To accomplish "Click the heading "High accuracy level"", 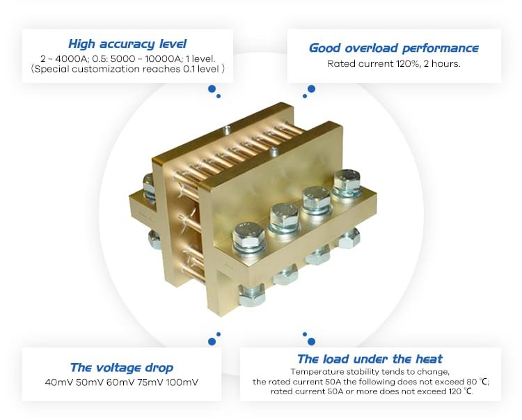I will pyautogui.click(x=127, y=44).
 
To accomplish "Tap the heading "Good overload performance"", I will pyautogui.click(x=393, y=48).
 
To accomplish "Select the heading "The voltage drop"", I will pyautogui.click(x=122, y=368).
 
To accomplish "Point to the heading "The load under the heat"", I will pyautogui.click(x=370, y=359).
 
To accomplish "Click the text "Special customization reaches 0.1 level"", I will pyautogui.click(x=128, y=70).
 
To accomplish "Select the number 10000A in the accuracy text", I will pyautogui.click(x=166, y=59).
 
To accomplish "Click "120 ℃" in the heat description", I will pyautogui.click(x=458, y=391).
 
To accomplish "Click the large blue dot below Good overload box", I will pyautogui.click(x=311, y=88).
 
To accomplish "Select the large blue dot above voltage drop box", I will pyautogui.click(x=212, y=341).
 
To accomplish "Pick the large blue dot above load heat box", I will pyautogui.click(x=311, y=341).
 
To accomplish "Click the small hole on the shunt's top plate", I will pyautogui.click(x=227, y=129).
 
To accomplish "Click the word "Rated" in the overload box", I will pyautogui.click(x=342, y=63).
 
